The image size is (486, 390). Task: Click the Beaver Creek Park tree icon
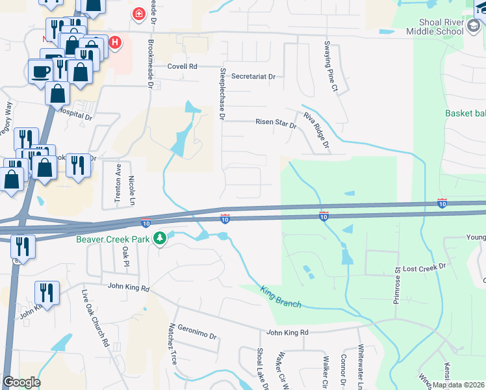pos(160,239)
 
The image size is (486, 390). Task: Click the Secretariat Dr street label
pos(253,77)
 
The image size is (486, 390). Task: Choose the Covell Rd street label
pos(182,66)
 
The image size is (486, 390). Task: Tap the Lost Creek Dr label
pos(425,267)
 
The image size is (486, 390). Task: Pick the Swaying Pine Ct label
pos(331,65)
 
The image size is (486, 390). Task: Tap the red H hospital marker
pos(115,44)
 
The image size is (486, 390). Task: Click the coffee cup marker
pos(41,70)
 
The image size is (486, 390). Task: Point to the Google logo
pos(21,382)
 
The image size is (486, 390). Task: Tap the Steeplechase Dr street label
pos(222,94)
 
